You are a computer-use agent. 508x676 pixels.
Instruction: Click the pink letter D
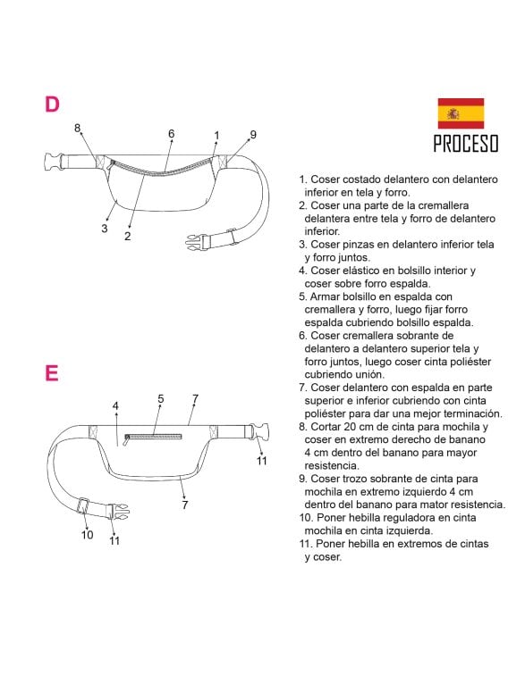coord(52,104)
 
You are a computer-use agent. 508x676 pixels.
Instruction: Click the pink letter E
coord(51,373)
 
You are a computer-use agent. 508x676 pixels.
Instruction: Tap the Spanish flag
coord(461,113)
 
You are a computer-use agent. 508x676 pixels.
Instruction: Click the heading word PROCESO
coord(466,144)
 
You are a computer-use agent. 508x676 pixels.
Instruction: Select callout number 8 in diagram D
coord(77,128)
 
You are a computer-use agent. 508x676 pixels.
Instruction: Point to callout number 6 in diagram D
coord(172,134)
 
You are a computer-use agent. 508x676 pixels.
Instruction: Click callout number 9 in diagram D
coord(253,135)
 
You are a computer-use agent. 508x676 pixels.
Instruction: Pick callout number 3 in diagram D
coord(104,228)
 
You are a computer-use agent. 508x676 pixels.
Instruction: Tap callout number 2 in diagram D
coord(127,236)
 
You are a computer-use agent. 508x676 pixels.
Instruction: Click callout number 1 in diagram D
coord(216,136)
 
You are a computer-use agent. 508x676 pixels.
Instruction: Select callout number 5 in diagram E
coord(161,399)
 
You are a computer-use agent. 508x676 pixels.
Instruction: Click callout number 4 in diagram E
coord(115,405)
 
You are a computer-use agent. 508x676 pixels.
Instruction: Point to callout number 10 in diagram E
coord(87,535)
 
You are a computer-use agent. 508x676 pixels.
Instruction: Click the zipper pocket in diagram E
coord(153,438)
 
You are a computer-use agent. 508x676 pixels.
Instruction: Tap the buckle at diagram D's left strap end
coord(52,163)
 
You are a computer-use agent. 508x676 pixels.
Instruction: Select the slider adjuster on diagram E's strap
coord(83,505)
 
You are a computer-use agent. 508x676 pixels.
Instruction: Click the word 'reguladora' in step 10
coord(404,518)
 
